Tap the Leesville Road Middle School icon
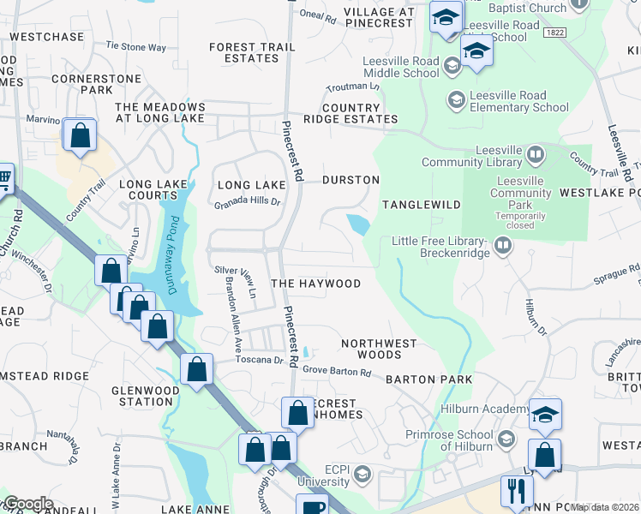[x=452, y=64]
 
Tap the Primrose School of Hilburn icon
[x=506, y=439]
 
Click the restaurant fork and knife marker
[x=516, y=491]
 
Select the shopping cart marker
[x=3, y=178]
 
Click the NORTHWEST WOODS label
[x=379, y=349]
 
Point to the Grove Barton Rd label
[x=337, y=373]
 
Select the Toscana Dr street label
[x=260, y=361]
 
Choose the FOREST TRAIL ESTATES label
[x=244, y=52]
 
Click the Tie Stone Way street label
[x=136, y=47]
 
